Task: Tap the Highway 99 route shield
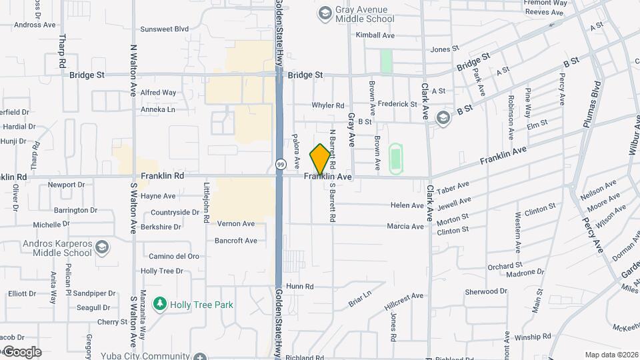coord(281,164)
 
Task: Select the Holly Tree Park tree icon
coord(159,305)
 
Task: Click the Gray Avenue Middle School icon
coord(325,13)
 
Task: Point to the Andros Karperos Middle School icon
coord(102,248)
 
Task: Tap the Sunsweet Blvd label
coord(165,29)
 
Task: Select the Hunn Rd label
coord(300,286)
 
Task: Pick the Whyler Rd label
coord(328,105)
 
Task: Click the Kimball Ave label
coord(375,35)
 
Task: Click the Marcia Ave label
coord(405,226)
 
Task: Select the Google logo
coord(21,352)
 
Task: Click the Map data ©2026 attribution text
coord(611,355)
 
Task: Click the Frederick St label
coord(397,104)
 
